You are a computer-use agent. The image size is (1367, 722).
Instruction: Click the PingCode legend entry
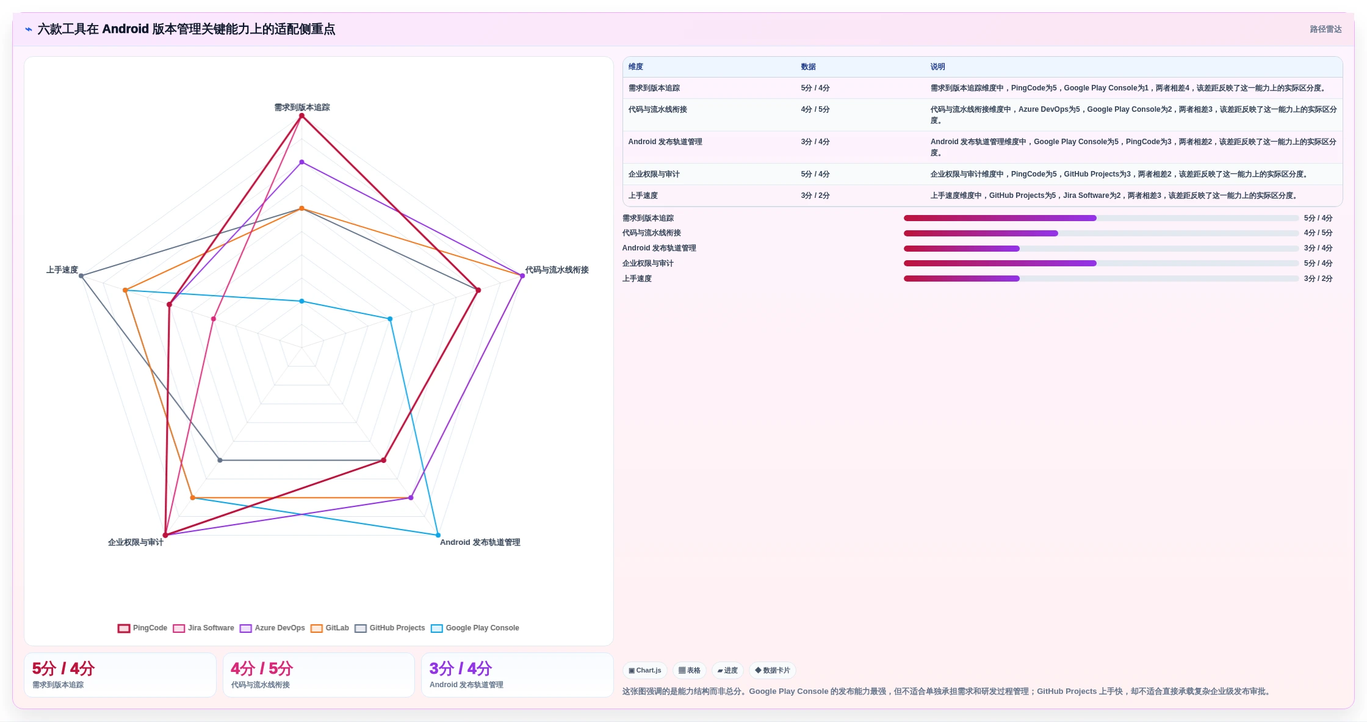point(142,628)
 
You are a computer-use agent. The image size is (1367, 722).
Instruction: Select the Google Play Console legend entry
point(475,628)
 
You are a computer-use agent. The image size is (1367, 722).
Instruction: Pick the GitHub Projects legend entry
point(390,628)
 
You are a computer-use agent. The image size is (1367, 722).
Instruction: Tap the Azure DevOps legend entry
point(272,628)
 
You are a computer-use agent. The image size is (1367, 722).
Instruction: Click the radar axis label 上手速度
point(62,270)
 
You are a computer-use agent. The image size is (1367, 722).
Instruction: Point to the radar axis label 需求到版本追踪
point(302,108)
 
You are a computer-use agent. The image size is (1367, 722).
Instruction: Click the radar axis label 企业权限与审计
point(135,542)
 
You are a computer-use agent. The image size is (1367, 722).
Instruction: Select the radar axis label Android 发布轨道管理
point(480,542)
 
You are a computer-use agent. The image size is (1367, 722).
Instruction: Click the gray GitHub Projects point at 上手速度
point(81,276)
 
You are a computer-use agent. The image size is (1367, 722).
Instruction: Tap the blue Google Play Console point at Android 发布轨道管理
point(438,535)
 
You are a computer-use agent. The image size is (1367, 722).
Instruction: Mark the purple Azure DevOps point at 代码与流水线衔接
point(522,276)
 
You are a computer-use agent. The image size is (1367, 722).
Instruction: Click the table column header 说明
point(938,67)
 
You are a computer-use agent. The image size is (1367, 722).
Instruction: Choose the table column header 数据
point(809,67)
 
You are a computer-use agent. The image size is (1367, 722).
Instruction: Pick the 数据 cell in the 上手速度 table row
point(815,195)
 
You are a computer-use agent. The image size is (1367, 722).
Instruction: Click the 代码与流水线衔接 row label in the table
point(658,109)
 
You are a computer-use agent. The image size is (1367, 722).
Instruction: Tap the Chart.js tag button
point(645,670)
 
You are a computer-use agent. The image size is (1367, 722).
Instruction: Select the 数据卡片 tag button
point(773,670)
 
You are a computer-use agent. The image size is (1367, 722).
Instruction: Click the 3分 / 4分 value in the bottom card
point(461,668)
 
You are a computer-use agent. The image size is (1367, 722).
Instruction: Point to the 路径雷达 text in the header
point(1326,29)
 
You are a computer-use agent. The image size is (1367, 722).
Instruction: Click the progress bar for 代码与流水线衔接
point(1102,233)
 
